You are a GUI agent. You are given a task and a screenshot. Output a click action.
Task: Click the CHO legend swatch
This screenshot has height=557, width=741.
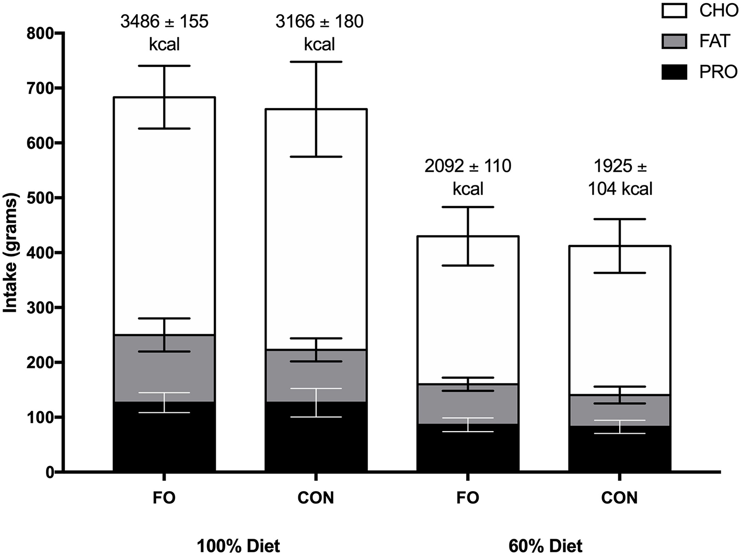point(675,10)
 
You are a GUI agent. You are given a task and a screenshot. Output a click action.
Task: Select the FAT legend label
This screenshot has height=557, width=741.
point(714,41)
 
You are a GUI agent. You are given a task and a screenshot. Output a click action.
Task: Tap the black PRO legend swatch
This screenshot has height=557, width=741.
point(675,72)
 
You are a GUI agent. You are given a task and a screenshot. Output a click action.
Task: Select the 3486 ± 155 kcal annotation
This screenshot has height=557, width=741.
point(164,32)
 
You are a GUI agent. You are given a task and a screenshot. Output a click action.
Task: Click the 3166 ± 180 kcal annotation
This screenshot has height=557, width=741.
point(319,32)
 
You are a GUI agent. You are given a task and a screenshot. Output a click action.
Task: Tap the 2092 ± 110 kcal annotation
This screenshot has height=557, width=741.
point(468,177)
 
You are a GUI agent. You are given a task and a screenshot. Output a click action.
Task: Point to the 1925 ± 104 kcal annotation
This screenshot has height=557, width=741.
point(620,177)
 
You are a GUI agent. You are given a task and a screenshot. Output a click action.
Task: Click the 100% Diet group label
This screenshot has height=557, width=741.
point(238,547)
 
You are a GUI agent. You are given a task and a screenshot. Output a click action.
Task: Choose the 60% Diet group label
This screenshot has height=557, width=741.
point(545,547)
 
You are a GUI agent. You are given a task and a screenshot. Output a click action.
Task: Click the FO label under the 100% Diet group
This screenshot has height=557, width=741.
point(164,497)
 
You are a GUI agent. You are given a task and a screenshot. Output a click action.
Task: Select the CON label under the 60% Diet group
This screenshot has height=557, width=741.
point(619,497)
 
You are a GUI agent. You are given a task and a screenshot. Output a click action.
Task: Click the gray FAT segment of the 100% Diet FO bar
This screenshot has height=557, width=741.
point(136,368)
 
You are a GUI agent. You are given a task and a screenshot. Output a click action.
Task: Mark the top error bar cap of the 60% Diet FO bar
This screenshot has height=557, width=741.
point(468,207)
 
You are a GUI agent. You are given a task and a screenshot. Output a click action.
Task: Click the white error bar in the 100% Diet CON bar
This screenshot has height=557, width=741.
point(316,402)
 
